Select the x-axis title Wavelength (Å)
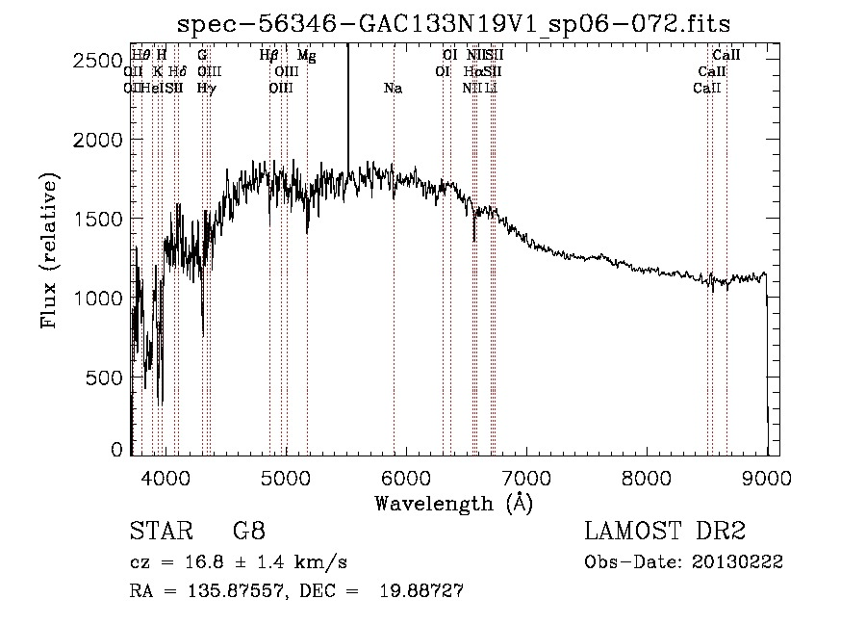(x=453, y=503)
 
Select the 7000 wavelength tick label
(x=526, y=477)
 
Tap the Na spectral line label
(x=393, y=89)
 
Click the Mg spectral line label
(x=306, y=56)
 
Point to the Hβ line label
(x=269, y=56)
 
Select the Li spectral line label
(x=491, y=89)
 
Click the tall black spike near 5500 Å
(x=347, y=106)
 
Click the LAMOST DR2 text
(x=665, y=533)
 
